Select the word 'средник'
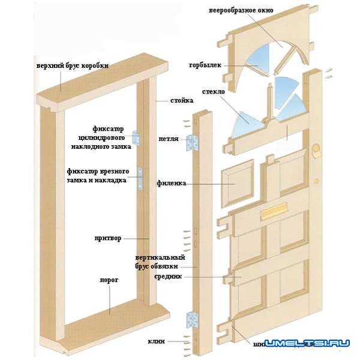tap(168, 277)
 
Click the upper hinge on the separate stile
tap(193, 142)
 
